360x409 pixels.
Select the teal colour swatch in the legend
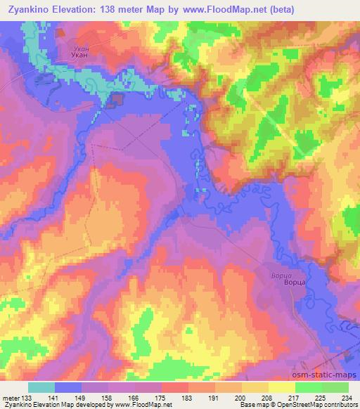(x=42, y=387)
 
